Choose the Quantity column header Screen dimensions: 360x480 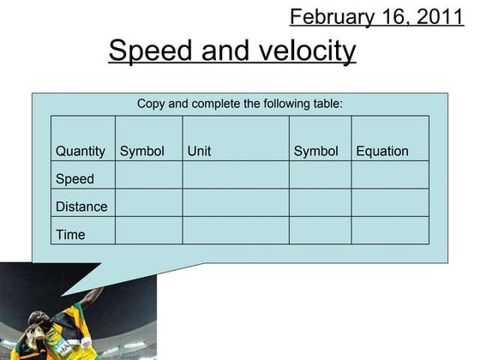pos(81,151)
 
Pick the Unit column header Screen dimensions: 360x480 pos(199,151)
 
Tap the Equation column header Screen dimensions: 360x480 pos(382,151)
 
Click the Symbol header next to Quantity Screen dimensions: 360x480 pos(141,151)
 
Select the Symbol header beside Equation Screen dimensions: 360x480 pos(315,151)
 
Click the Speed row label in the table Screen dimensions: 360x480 pos(75,179)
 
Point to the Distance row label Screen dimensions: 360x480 pos(81,207)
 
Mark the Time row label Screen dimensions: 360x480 pos(70,234)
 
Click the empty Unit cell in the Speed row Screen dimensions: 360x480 pos(235,176)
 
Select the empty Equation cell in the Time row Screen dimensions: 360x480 pos(390,231)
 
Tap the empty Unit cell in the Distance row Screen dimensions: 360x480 pos(235,203)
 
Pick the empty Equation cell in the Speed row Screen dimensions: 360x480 pos(390,176)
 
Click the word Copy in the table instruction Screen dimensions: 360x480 pos(152,104)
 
